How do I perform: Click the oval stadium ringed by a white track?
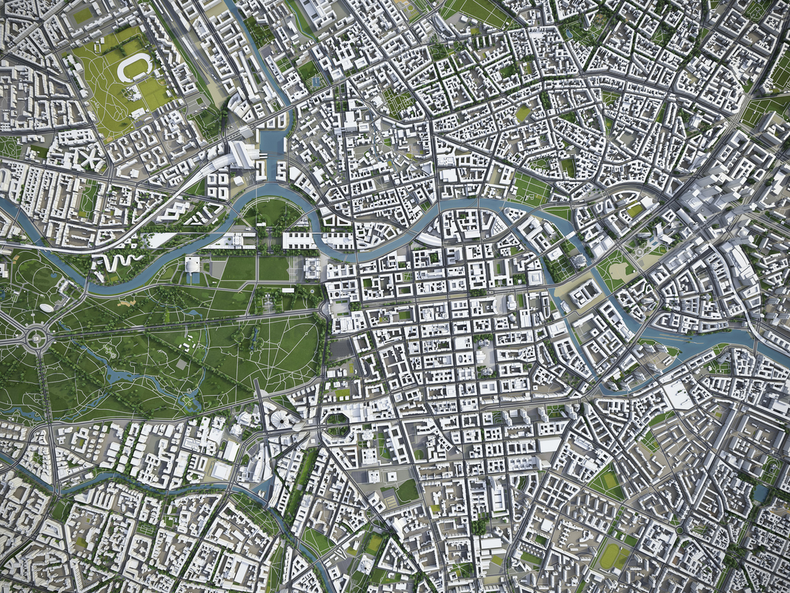tap(134, 68)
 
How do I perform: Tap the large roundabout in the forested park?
tap(35, 338)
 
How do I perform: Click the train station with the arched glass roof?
tap(240, 154)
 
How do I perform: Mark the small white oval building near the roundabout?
tap(47, 307)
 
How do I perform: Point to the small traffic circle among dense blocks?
tap(678, 531)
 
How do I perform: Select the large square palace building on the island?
tap(585, 294)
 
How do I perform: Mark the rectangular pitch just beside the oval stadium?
tap(156, 93)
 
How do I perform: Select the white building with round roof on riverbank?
tap(192, 265)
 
